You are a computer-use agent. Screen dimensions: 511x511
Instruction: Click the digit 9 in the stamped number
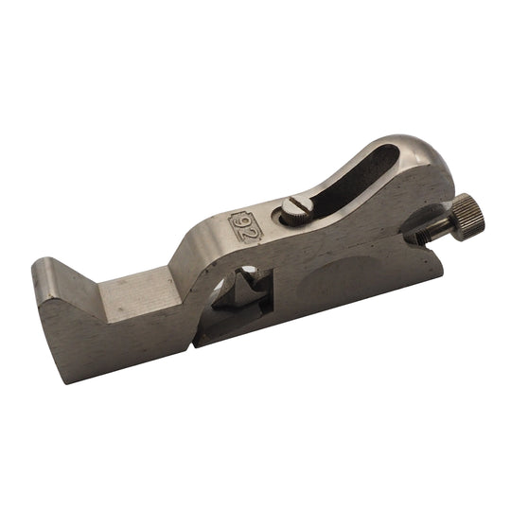click(240, 224)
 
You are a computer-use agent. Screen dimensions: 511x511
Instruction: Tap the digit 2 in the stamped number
click(249, 234)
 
